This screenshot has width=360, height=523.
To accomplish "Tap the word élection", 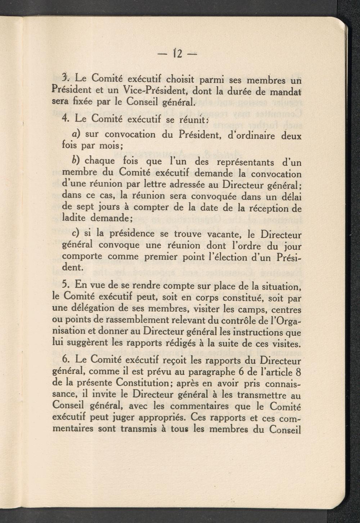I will (248, 258).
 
